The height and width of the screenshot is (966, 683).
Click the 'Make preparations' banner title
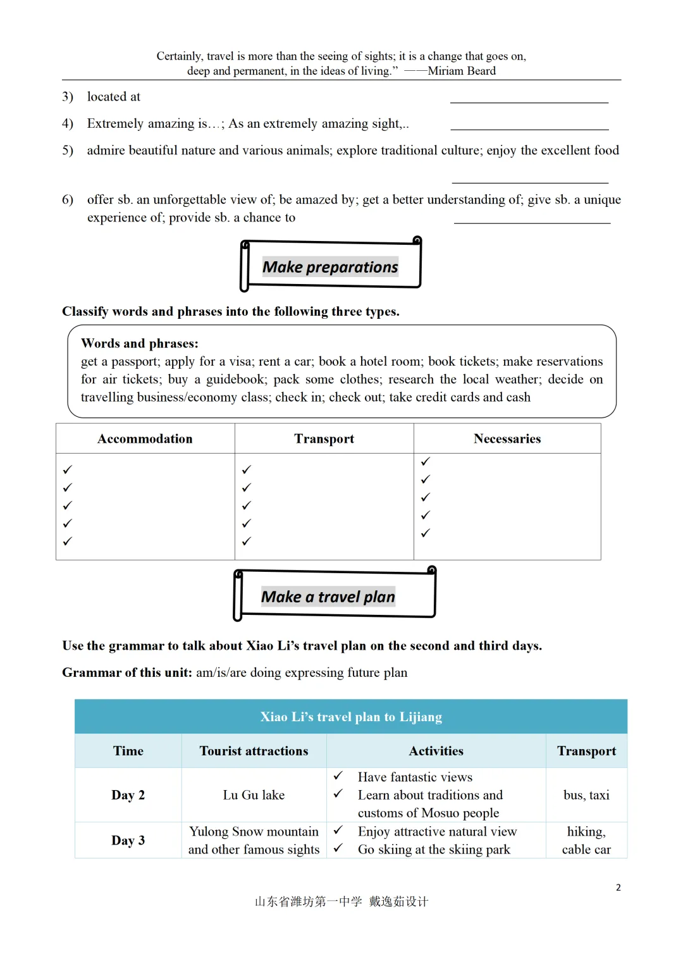(330, 267)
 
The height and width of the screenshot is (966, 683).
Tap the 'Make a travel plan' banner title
(328, 597)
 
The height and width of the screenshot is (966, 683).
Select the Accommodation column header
(145, 439)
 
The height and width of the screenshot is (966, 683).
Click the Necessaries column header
(507, 439)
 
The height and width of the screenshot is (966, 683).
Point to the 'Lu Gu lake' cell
(254, 795)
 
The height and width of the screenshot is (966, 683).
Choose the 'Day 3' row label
(128, 840)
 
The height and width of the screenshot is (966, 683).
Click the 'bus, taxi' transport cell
(586, 795)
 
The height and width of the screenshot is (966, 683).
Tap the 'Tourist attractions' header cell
(254, 751)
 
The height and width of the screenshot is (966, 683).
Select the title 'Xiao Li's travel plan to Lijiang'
(351, 717)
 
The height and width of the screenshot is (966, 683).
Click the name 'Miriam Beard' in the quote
(462, 71)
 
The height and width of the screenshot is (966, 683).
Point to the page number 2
(618, 888)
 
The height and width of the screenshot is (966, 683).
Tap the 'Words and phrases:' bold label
(140, 344)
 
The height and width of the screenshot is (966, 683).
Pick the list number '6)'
(68, 200)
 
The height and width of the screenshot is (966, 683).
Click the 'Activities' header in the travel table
(436, 751)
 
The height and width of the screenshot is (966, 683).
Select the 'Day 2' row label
(128, 795)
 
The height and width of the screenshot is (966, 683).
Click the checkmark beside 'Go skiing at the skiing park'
(338, 848)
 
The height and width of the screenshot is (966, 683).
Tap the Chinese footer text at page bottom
(341, 901)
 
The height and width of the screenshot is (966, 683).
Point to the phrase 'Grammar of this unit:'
(127, 672)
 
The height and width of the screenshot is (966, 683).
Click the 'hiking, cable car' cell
(586, 840)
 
